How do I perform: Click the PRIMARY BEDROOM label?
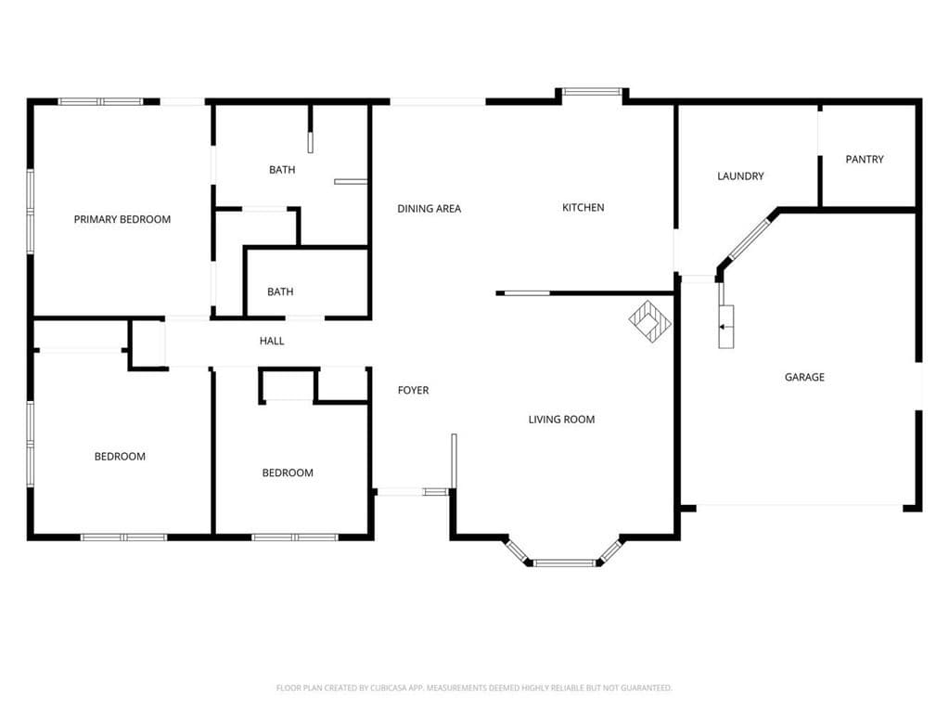coord(122,220)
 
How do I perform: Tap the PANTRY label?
coord(865,160)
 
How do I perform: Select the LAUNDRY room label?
coord(740,176)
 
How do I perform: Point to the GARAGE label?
coord(804,378)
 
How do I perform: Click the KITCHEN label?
coord(584,208)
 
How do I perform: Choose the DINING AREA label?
coord(429,209)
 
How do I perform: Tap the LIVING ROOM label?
coord(561,420)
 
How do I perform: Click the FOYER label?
coord(413,391)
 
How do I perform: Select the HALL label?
coord(272,342)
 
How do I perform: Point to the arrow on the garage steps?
coord(723,326)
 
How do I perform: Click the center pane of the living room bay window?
coord(565,563)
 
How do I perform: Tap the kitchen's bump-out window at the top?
coord(592,92)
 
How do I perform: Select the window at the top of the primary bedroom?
coord(100,101)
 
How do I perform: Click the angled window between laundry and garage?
coord(748,240)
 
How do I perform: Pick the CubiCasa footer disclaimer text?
coord(474,688)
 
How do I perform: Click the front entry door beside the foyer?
coord(412,491)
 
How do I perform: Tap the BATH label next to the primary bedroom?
coord(282,170)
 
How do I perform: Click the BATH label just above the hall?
coord(280,292)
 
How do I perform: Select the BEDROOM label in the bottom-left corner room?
coord(120,457)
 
